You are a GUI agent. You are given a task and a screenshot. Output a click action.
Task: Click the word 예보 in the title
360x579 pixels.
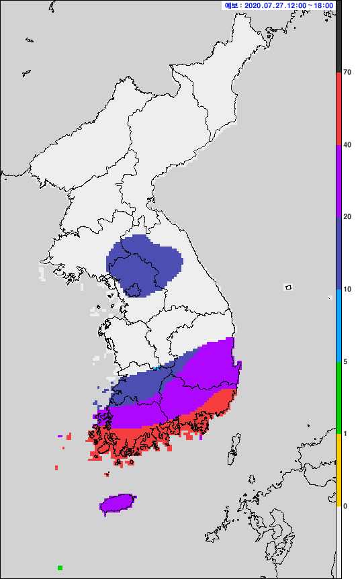point(231,5)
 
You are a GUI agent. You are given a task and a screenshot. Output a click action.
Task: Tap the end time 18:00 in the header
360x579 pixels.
point(323,5)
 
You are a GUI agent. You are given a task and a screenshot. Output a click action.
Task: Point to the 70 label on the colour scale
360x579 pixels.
point(347,72)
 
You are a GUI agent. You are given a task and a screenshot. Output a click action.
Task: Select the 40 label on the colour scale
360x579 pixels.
point(347,144)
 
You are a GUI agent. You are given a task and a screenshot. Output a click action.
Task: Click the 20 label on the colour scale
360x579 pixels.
point(347,217)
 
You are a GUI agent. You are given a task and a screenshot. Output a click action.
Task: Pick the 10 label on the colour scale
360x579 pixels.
point(347,289)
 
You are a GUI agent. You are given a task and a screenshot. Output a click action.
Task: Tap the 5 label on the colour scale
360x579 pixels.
point(345,362)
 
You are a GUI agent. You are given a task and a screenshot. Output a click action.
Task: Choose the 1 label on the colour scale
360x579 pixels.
point(345,434)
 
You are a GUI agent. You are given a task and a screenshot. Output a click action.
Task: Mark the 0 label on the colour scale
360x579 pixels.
point(345,506)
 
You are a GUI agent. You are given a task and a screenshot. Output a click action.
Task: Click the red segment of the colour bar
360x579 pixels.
point(339,108)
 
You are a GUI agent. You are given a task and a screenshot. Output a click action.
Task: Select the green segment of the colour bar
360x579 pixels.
point(339,398)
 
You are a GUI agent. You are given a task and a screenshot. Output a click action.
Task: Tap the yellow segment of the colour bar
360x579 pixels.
point(339,470)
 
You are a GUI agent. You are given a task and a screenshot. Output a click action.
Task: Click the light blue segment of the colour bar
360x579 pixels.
point(339,326)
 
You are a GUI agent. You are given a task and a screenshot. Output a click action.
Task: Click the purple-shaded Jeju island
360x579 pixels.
point(118,503)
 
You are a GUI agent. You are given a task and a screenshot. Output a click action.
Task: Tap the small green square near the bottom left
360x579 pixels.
point(60,568)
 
